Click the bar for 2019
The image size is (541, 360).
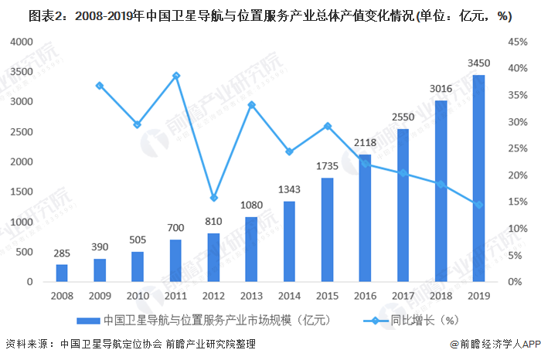pyautogui.click(x=478, y=178)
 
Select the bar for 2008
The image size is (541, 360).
pyautogui.click(x=61, y=273)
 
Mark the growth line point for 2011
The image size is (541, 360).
pyautogui.click(x=175, y=76)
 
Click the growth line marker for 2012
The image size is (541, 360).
pyautogui.click(x=213, y=198)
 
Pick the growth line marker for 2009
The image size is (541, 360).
pyautogui.click(x=100, y=85)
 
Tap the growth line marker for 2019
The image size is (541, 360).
pyautogui.click(x=478, y=205)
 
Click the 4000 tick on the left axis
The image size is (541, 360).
pyautogui.click(x=21, y=42)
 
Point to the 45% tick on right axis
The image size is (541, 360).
pyautogui.click(x=518, y=42)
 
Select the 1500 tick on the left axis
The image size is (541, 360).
pyautogui.click(x=21, y=192)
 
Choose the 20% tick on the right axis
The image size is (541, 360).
pyautogui.click(x=518, y=175)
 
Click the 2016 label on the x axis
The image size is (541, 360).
pyautogui.click(x=365, y=296)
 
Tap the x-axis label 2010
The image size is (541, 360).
pyautogui.click(x=137, y=296)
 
